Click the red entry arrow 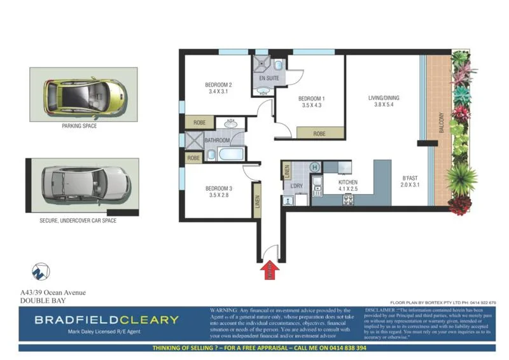pos(270,271)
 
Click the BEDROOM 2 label pos(218,85)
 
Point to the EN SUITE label pos(269,78)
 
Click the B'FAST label pos(410,177)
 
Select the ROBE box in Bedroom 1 pos(320,134)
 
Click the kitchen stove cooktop pos(349,200)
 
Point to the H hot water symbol pos(314,167)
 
